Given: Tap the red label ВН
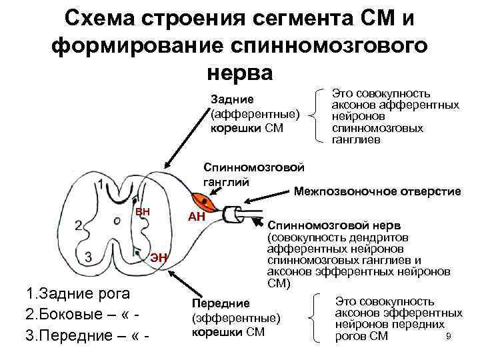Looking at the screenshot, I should coord(143,211).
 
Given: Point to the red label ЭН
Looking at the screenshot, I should coord(159,258).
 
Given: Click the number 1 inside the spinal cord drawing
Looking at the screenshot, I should coord(100,185).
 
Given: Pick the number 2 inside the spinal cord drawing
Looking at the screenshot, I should coord(79,225).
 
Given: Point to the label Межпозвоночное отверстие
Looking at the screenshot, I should coord(377,191).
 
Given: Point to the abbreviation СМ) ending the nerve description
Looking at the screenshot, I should coord(279,283).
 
